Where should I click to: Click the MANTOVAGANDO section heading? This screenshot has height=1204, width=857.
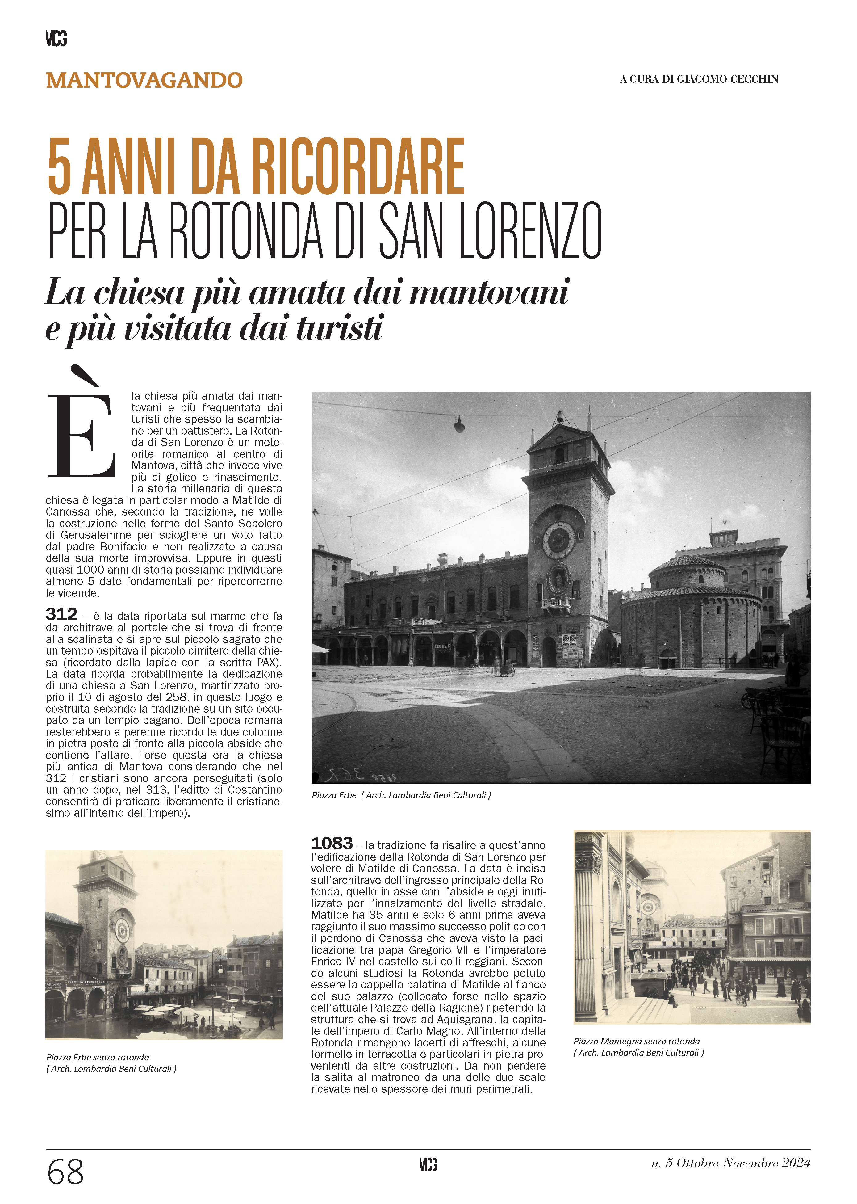click(144, 80)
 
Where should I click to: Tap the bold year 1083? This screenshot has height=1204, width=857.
click(331, 843)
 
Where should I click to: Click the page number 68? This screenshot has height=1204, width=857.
click(65, 1172)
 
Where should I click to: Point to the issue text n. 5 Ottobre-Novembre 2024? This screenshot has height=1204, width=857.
click(730, 1163)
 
